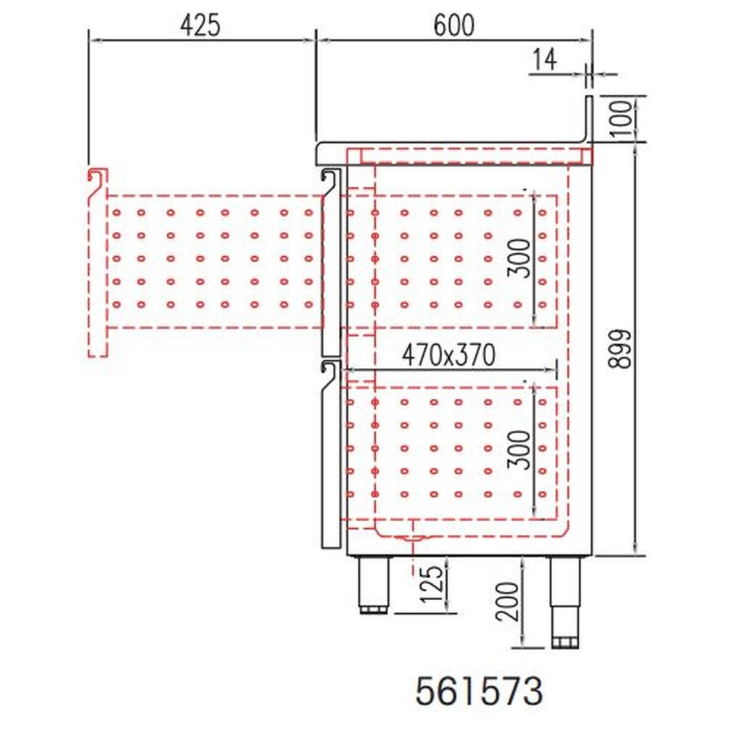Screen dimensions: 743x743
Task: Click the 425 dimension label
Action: pos(200,25)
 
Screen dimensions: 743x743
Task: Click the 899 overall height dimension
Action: pos(621,349)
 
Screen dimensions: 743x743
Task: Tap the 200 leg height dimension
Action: pos(510,602)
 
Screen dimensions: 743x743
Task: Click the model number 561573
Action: pos(479,691)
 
